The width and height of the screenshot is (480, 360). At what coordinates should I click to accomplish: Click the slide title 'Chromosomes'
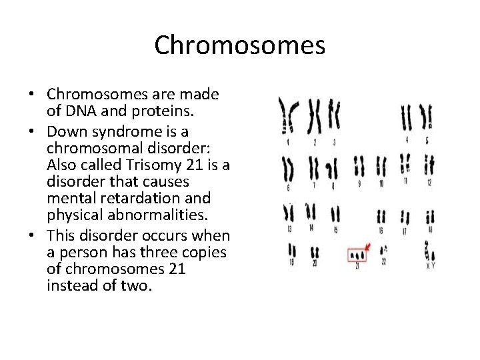(239, 45)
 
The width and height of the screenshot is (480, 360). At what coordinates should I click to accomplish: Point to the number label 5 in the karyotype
(427, 141)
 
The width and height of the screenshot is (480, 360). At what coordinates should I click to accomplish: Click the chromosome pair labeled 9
(359, 166)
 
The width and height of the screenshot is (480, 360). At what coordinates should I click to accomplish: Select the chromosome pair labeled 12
(430, 166)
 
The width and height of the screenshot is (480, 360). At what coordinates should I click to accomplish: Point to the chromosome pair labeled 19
(292, 251)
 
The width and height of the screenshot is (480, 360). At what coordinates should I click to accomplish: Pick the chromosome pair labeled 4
(406, 117)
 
